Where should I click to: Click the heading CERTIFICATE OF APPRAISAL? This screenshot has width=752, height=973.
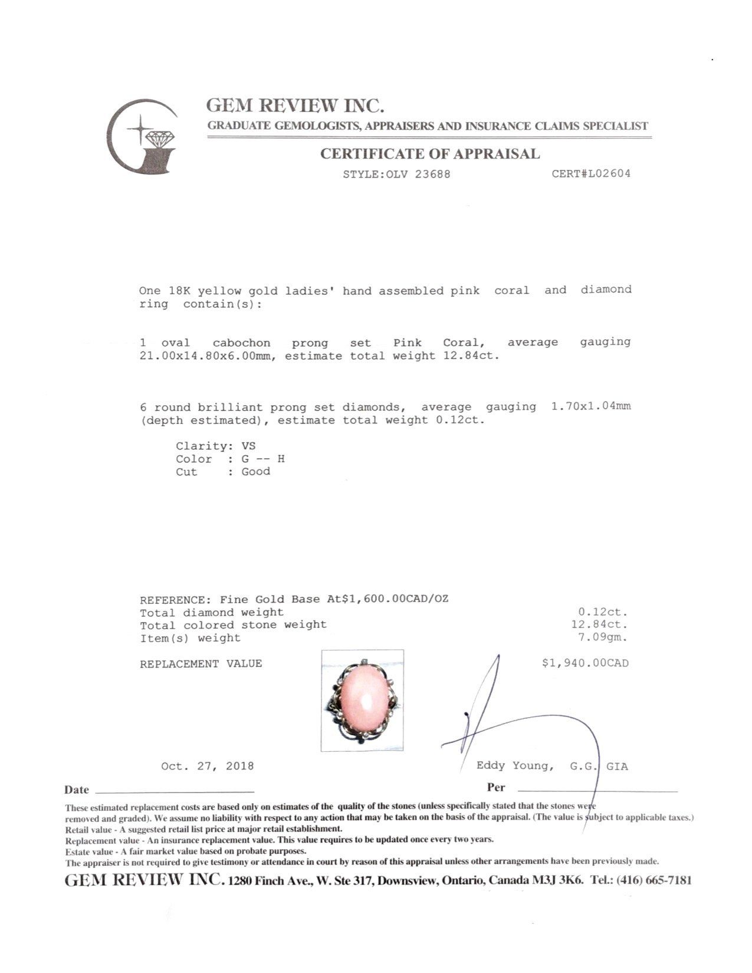tap(429, 154)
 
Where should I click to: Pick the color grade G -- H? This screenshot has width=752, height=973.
tap(263, 459)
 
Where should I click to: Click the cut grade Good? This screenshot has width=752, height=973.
tap(255, 471)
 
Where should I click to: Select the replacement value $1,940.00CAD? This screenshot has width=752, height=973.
tap(585, 663)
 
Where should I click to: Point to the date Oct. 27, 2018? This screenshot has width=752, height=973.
tap(208, 766)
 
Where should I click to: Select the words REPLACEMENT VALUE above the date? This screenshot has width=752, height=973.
tap(201, 664)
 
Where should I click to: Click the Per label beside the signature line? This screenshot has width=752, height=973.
tap(496, 787)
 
